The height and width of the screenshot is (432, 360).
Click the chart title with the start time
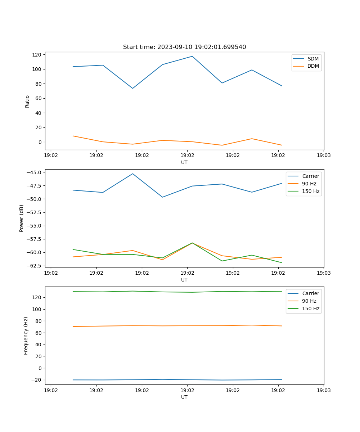[184, 47]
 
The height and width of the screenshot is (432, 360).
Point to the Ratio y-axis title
[27, 101]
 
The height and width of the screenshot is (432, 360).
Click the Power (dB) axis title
[22, 218]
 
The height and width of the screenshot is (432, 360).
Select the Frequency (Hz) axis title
[26, 336]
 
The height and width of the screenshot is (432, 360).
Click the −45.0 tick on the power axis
[34, 172]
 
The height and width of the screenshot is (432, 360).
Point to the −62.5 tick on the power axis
[34, 266]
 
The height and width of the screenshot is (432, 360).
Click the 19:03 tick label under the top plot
[324, 156]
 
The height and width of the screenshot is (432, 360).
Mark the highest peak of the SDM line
[192, 56]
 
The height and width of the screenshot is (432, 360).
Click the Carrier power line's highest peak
[132, 174]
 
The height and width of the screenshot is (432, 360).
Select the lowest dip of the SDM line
[132, 88]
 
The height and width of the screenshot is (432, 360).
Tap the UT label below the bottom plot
[184, 397]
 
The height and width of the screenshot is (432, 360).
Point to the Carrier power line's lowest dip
[162, 197]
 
